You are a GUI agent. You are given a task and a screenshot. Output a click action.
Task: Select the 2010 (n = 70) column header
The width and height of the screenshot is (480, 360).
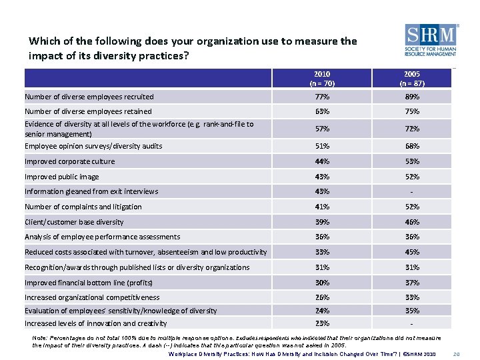[x=322, y=79]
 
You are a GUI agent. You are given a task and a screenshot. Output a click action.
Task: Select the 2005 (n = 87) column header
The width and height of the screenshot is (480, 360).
[x=411, y=79]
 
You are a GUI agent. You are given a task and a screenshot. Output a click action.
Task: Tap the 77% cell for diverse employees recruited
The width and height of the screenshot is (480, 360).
[x=322, y=97]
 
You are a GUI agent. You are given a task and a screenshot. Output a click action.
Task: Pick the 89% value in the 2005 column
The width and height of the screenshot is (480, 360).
[x=411, y=97]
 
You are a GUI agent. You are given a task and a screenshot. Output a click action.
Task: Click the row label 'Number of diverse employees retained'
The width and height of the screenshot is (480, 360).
[x=88, y=111]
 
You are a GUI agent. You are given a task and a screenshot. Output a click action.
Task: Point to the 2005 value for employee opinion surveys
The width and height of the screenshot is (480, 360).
[x=411, y=146]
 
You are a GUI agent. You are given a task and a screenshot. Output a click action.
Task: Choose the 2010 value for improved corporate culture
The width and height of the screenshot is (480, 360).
[x=322, y=161]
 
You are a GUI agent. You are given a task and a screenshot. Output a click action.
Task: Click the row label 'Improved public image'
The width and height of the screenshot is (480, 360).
[x=61, y=177]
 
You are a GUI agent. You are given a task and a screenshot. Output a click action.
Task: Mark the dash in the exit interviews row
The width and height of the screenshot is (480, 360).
[x=411, y=192]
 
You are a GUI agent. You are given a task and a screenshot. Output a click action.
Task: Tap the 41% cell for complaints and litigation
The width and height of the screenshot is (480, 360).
[x=322, y=207]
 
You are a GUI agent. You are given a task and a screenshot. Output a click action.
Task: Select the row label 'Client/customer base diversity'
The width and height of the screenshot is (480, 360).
[x=74, y=222]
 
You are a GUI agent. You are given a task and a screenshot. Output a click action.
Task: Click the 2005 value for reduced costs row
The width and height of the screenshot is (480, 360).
[x=411, y=252]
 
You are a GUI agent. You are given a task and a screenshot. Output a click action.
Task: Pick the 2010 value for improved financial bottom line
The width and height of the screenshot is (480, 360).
[x=322, y=283]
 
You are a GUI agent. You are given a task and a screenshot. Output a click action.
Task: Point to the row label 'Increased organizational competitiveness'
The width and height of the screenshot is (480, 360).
[x=92, y=297]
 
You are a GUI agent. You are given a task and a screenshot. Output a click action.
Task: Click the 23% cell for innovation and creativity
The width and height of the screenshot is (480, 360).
[x=322, y=323]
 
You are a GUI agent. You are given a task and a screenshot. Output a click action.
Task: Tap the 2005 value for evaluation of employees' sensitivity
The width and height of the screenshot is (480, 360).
[x=411, y=311]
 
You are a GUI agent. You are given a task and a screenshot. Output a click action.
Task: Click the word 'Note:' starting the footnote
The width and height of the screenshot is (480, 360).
[x=39, y=338]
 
